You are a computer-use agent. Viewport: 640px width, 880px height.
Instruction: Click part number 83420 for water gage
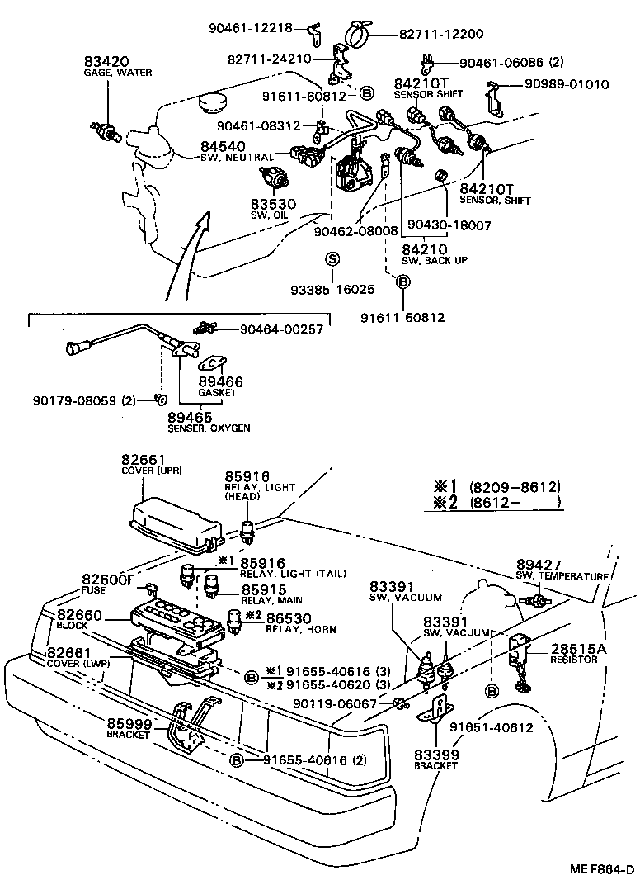[101, 62]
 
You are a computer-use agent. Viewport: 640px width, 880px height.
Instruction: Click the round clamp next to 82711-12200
[355, 35]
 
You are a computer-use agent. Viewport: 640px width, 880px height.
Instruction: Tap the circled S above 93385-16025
[333, 258]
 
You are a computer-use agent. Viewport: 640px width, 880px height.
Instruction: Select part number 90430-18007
[442, 225]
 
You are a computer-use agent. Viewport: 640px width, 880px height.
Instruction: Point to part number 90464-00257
[280, 329]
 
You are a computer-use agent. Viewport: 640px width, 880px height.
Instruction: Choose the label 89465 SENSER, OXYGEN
[209, 422]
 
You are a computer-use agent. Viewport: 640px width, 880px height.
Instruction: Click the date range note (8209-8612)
[515, 487]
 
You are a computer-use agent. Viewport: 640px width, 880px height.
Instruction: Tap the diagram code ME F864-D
[600, 867]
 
